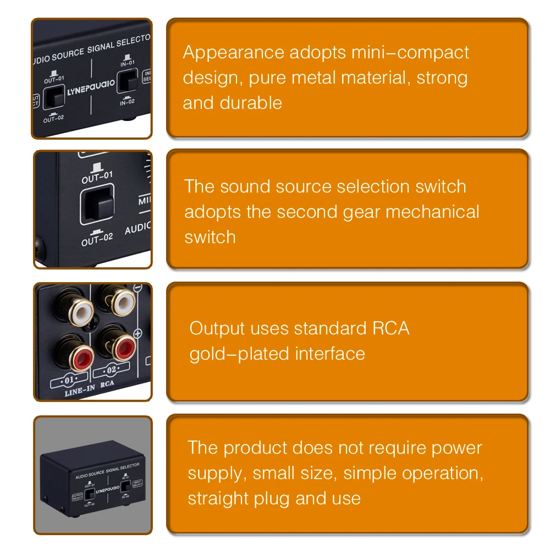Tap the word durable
tap(251, 103)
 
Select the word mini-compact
tap(410, 53)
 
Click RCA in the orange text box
tap(391, 328)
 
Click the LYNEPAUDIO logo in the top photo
tap(91, 87)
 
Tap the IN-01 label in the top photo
tap(128, 63)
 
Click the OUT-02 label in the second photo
tap(97, 240)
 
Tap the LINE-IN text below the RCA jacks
tap(80, 391)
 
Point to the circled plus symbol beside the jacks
tap(137, 333)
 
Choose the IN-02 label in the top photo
tap(127, 102)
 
